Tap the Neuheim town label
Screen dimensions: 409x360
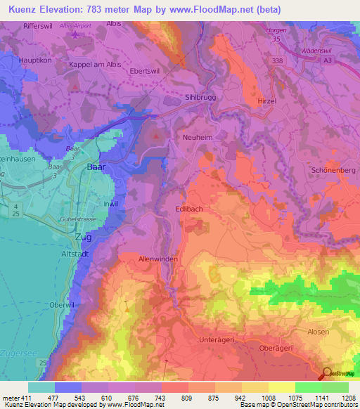[197, 138]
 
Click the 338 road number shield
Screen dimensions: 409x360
[279, 62]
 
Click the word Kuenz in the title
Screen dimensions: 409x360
[25, 9]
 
